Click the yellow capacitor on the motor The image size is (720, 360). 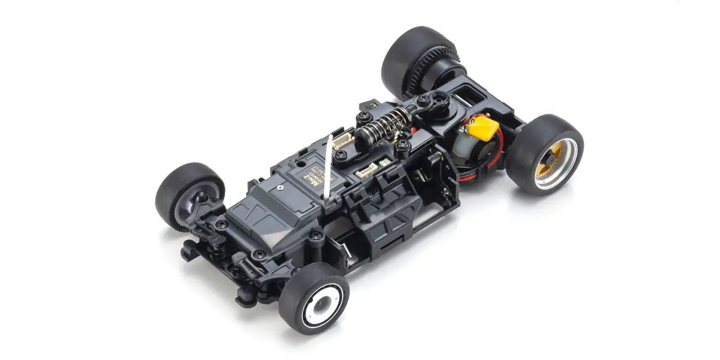point(484,128)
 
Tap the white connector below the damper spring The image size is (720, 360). point(367,170)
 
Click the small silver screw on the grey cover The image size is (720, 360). point(281,188)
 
